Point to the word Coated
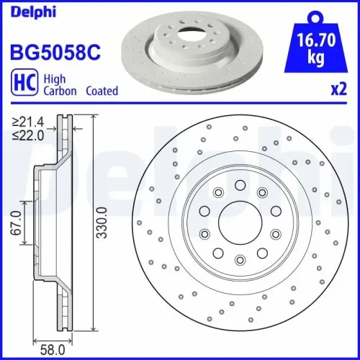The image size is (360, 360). coord(101,91)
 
